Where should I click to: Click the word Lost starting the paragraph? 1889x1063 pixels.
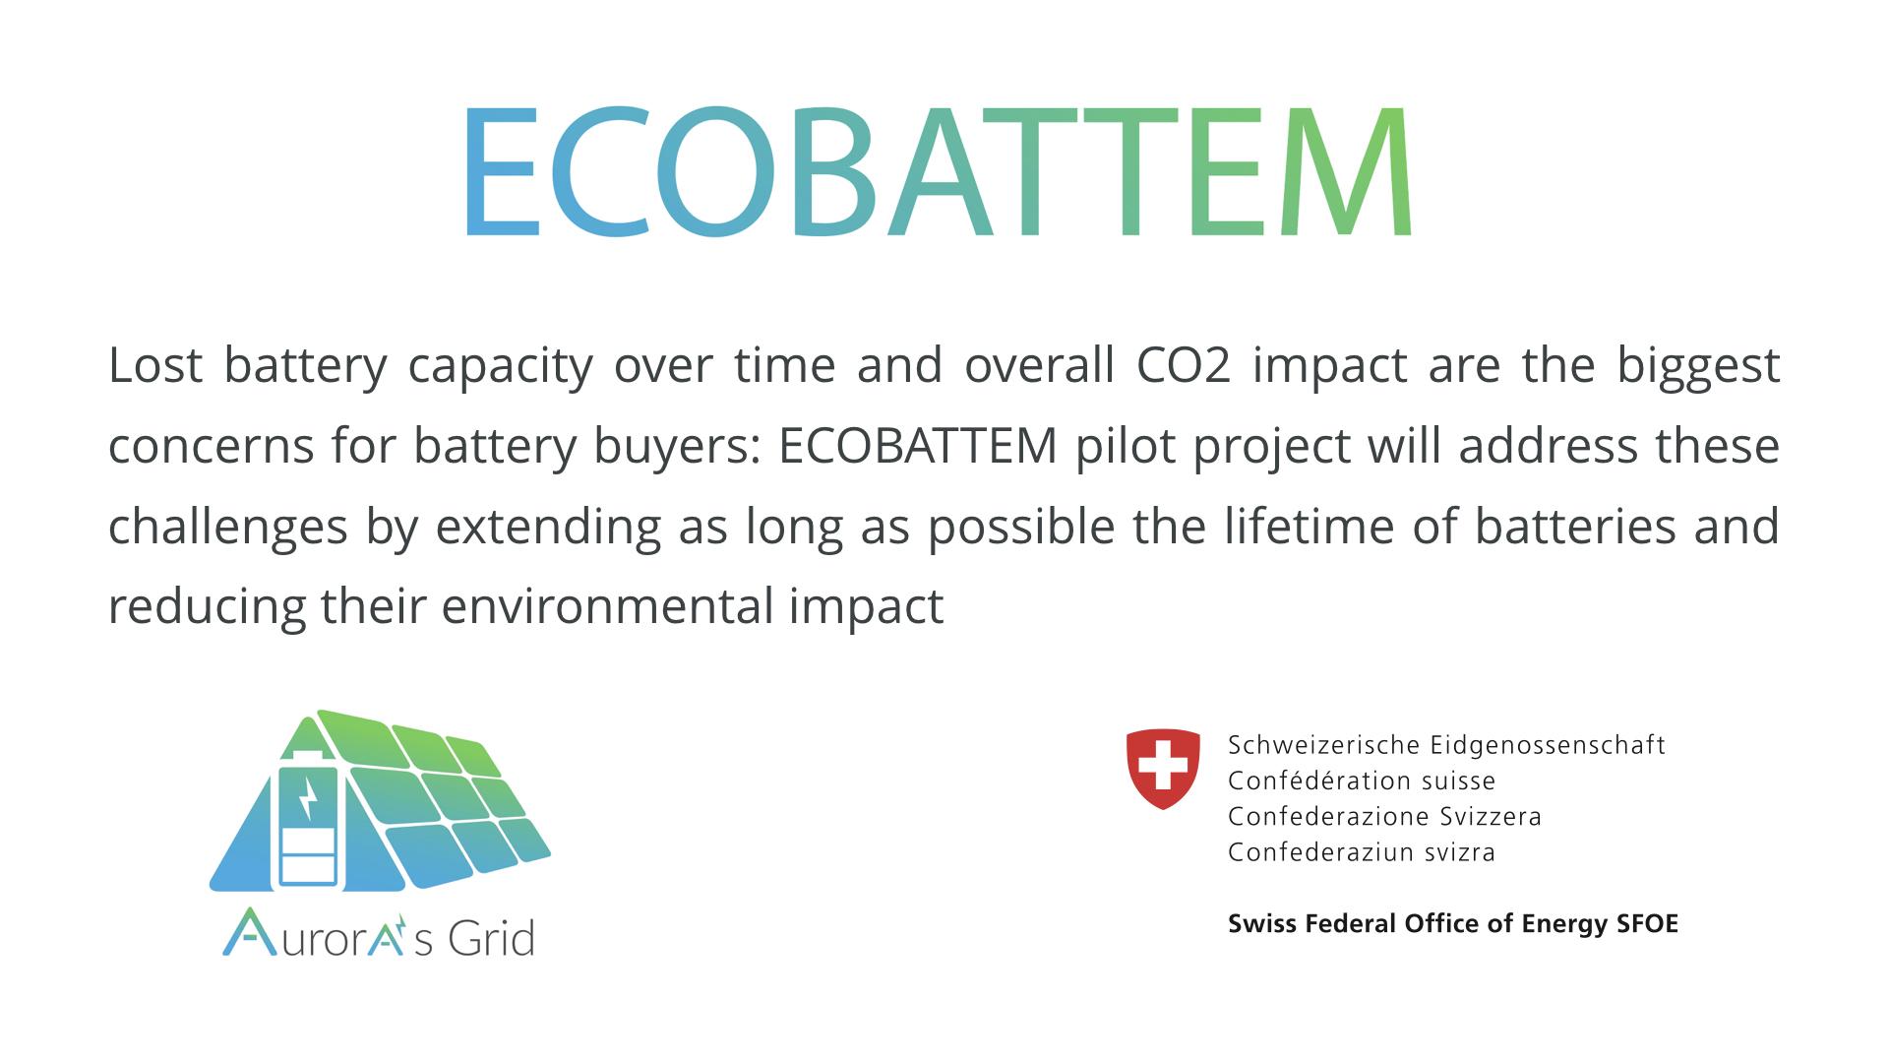[x=154, y=364]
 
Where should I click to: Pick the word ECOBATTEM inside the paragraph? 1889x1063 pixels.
[x=918, y=445]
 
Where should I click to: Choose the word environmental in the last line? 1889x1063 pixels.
[x=607, y=606]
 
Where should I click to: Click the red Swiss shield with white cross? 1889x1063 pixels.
[x=1163, y=769]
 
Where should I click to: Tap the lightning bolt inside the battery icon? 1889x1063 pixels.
[x=309, y=799]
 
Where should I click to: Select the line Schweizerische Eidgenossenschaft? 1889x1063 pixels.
[x=1446, y=746]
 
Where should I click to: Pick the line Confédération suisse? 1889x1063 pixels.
[x=1362, y=782]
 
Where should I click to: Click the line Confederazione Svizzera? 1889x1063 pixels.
[x=1384, y=817]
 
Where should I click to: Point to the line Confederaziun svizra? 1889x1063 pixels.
[x=1362, y=852]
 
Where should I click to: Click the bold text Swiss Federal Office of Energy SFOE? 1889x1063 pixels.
[x=1453, y=924]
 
